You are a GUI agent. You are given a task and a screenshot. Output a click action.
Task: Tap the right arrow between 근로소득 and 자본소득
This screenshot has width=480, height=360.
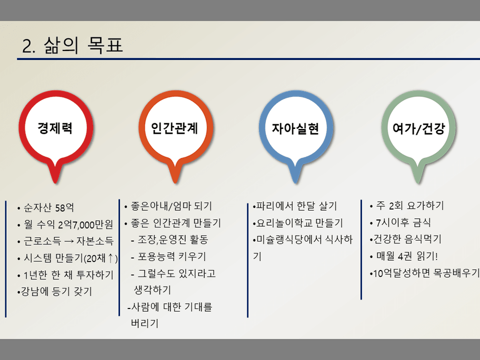coord(69,242)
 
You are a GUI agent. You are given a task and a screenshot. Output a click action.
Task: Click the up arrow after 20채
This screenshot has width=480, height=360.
coord(111,258)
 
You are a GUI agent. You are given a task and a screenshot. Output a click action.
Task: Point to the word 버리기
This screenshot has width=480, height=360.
coord(145,323)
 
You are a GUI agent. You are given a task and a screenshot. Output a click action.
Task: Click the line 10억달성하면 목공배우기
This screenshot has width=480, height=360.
coord(425,273)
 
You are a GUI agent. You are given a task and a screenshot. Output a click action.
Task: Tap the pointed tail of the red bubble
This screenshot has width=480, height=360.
coord(55,183)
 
